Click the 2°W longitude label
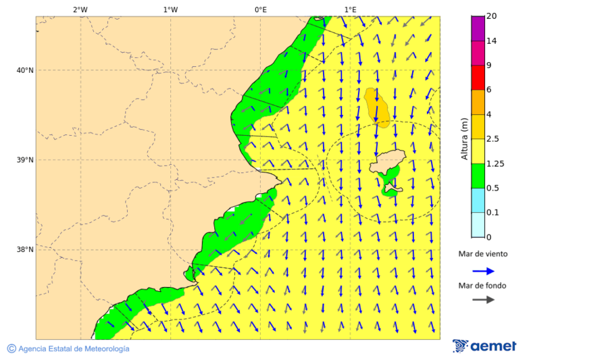80,9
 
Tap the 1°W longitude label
170,9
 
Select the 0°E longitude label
260,9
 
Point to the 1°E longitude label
350,9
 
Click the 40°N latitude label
25,70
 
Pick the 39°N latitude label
25,160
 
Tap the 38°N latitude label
25,250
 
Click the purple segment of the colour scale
478,28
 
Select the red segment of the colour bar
478,78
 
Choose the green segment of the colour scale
478,176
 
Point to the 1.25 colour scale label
495,163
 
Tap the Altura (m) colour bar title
464,139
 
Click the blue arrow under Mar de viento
483,271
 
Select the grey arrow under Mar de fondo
483,300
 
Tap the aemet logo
484,346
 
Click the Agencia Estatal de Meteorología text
73,349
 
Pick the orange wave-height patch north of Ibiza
376,106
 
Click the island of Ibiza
386,162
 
